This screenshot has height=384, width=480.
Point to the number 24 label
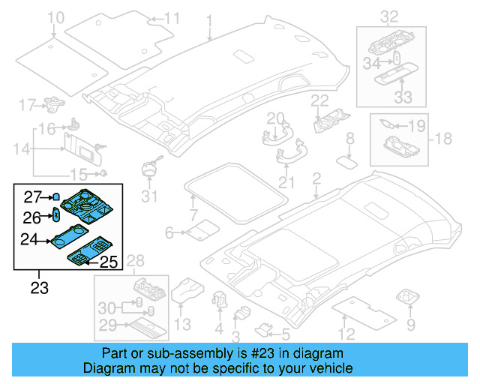coord(29,241)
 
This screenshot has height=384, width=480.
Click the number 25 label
coord(109,262)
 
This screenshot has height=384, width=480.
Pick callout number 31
coord(151,197)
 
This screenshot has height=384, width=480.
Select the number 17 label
coord(28,103)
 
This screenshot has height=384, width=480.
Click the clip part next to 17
coord(54,103)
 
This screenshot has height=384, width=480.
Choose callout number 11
coord(172,18)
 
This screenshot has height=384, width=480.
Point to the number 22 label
coord(320,100)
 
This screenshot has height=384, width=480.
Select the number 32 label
coord(389,16)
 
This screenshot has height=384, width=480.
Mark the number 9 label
coord(410,325)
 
